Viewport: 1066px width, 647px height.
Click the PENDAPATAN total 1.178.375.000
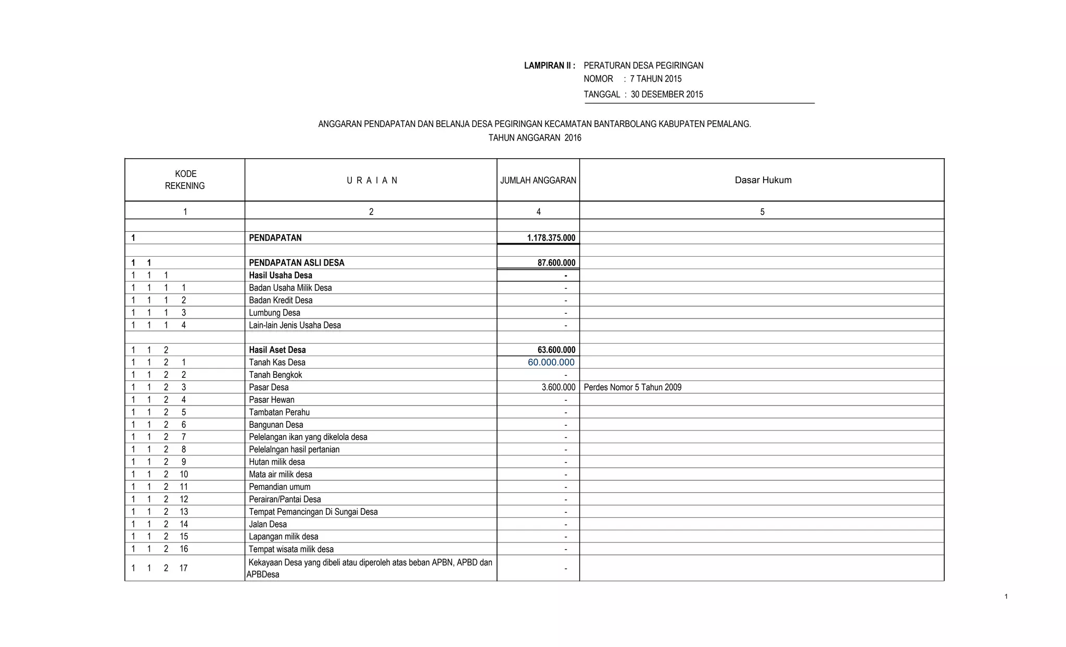click(x=551, y=238)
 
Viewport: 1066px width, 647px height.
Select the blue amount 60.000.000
click(x=551, y=362)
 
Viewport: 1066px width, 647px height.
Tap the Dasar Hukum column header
click(x=763, y=180)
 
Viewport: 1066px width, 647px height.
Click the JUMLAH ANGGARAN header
click(x=538, y=181)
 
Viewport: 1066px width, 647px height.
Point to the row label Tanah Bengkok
click(x=275, y=375)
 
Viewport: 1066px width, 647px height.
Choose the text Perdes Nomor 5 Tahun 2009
click(x=632, y=387)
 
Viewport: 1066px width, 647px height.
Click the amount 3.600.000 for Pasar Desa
click(x=558, y=387)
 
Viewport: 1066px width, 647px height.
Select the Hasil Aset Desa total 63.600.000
click(x=556, y=350)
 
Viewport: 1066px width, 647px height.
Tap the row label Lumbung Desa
click(x=274, y=313)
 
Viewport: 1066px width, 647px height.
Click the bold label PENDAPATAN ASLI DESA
click(x=297, y=263)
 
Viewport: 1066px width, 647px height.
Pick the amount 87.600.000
click(x=556, y=263)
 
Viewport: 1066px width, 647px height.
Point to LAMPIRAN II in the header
click(x=549, y=66)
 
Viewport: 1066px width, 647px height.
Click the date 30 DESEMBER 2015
click(x=667, y=94)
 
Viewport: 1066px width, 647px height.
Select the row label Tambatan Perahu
click(x=279, y=412)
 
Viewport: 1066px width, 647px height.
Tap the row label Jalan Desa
click(x=268, y=524)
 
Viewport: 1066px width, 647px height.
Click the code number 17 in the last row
click(x=183, y=568)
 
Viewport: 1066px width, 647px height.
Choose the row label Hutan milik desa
click(x=277, y=462)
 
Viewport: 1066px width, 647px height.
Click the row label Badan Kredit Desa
click(x=281, y=300)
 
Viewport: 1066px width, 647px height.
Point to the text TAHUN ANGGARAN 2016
click(x=535, y=138)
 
